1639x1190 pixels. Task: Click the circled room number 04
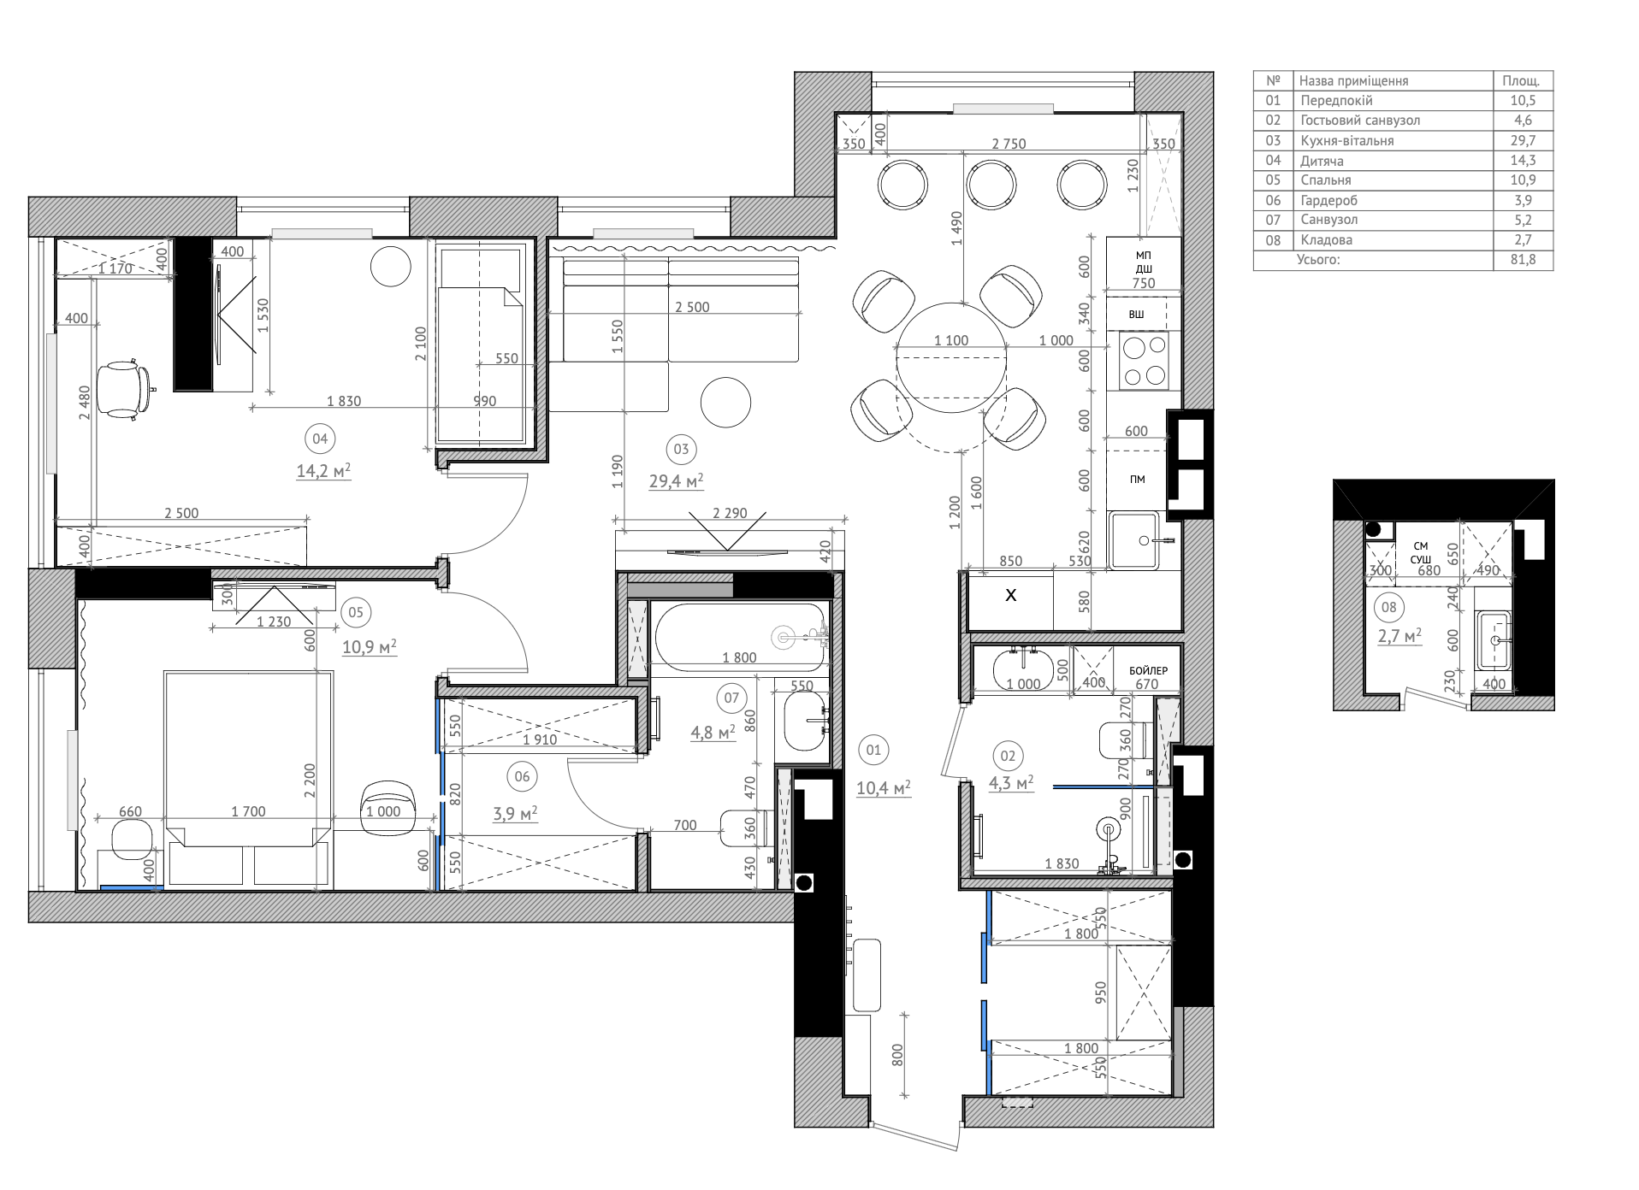320,439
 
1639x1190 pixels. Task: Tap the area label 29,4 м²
676,481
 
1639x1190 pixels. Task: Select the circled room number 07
731,698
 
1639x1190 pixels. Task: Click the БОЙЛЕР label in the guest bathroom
1148,671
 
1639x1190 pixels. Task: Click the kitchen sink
1134,540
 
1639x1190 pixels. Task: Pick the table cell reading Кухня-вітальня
1346,141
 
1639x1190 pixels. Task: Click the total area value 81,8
1523,260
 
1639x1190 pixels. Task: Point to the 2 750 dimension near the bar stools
1009,144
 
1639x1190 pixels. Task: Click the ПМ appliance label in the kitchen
1137,480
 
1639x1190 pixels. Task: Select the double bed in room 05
248,779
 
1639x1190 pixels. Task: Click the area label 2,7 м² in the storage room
1399,635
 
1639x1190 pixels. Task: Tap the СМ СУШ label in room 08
1420,553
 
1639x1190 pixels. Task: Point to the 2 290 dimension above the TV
730,514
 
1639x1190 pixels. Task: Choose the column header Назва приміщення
1353,81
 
